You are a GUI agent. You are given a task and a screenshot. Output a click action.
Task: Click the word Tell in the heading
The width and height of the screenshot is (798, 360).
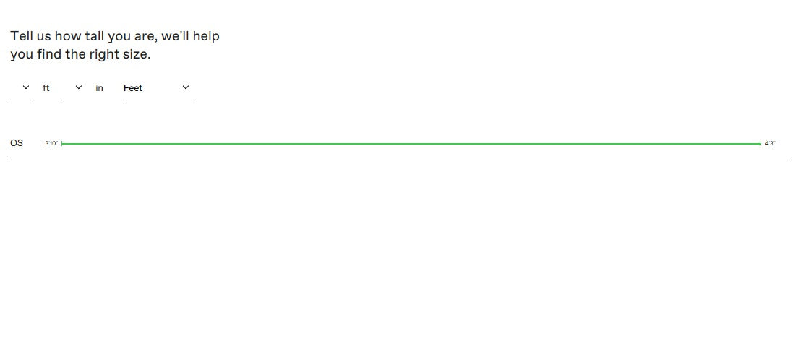pyautogui.click(x=20, y=36)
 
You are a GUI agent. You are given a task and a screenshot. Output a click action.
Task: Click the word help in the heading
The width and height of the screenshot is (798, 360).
pyautogui.click(x=207, y=37)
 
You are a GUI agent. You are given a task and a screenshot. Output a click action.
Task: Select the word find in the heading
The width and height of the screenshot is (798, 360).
pyautogui.click(x=49, y=54)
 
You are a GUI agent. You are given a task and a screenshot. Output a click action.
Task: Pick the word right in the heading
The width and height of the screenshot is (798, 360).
pyautogui.click(x=105, y=55)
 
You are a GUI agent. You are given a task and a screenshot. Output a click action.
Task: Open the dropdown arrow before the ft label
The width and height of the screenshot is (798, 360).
pyautogui.click(x=26, y=87)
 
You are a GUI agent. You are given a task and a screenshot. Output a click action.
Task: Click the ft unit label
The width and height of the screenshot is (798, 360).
pyautogui.click(x=46, y=88)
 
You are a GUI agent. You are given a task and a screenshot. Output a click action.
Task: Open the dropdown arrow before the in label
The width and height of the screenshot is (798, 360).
pyautogui.click(x=78, y=87)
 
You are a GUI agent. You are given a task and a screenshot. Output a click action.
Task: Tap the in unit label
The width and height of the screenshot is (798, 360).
pyautogui.click(x=99, y=88)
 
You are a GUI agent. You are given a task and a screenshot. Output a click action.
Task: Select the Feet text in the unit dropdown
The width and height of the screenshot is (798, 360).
pyautogui.click(x=133, y=88)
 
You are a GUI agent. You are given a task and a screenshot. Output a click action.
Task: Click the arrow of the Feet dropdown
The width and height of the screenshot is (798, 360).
pyautogui.click(x=186, y=87)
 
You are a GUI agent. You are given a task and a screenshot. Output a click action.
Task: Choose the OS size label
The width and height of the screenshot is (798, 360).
pyautogui.click(x=17, y=143)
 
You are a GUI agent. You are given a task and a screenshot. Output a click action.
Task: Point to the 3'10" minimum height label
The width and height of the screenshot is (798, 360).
pyautogui.click(x=51, y=144)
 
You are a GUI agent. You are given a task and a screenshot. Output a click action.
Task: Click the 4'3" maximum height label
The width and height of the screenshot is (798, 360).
pyautogui.click(x=770, y=144)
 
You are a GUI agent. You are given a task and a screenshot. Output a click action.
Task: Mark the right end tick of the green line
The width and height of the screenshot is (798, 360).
pyautogui.click(x=761, y=144)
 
